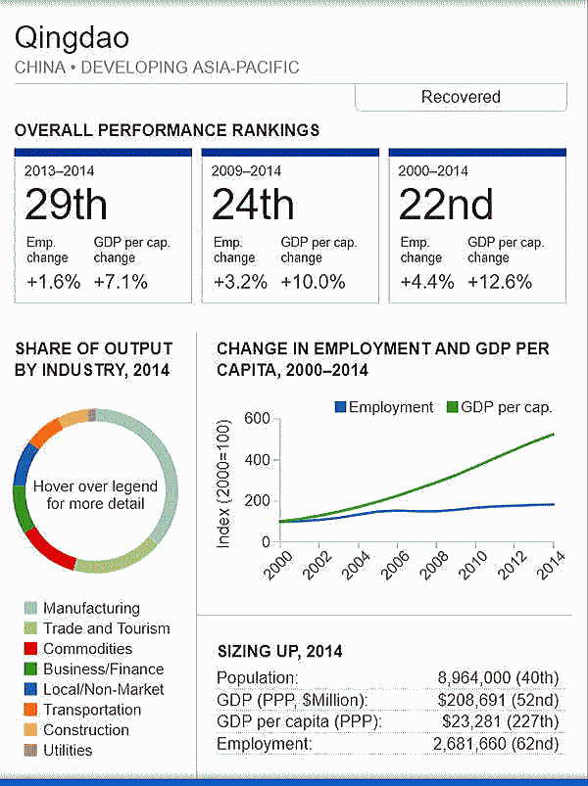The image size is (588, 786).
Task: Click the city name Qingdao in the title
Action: click(x=73, y=39)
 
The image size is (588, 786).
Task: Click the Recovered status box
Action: click(x=461, y=97)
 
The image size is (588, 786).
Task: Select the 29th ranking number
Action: click(x=67, y=206)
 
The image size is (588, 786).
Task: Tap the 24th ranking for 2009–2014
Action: click(x=253, y=206)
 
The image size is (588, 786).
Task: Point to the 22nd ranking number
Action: click(x=447, y=206)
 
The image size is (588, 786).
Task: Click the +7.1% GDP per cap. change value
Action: click(x=121, y=282)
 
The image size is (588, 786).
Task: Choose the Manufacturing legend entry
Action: click(x=91, y=608)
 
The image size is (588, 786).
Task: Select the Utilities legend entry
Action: click(x=68, y=751)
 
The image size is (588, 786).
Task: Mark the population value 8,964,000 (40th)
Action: click(x=497, y=677)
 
